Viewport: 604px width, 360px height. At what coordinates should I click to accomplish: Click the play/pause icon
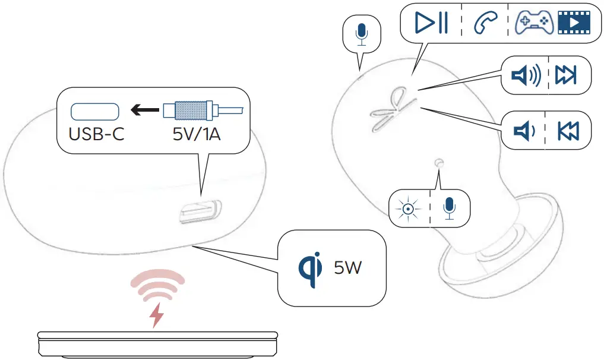[432, 23]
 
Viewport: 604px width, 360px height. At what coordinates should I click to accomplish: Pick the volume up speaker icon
[526, 75]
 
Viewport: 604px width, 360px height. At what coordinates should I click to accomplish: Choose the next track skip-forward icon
[565, 75]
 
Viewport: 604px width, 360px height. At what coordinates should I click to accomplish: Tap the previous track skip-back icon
[568, 131]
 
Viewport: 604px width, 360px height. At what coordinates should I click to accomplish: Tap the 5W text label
[347, 268]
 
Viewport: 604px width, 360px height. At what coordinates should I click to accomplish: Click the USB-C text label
[97, 134]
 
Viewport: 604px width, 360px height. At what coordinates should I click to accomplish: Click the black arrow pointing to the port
[145, 110]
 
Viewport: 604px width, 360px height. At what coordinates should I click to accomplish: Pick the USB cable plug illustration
[199, 110]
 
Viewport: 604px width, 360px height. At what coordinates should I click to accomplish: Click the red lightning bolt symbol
[157, 315]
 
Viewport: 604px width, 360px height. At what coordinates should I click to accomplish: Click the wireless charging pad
[157, 344]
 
